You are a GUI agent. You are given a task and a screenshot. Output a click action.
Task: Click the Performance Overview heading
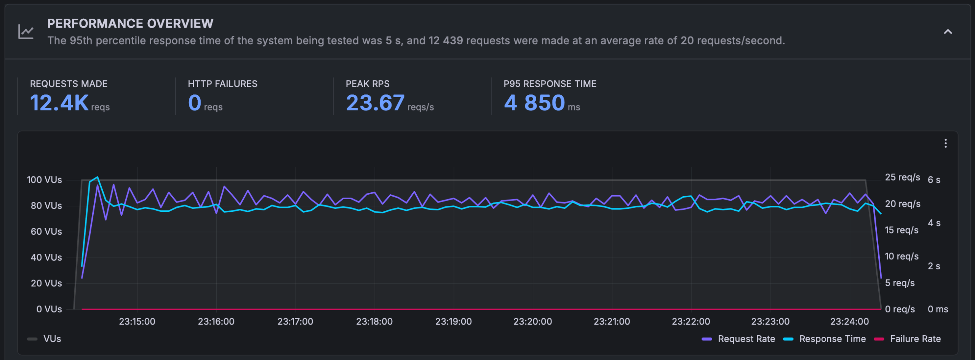pyautogui.click(x=130, y=24)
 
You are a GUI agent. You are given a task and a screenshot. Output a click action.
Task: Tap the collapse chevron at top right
pyautogui.click(x=948, y=32)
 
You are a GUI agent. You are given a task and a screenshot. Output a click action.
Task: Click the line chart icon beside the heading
pyautogui.click(x=26, y=32)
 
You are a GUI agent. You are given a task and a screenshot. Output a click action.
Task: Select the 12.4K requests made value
pyautogui.click(x=59, y=103)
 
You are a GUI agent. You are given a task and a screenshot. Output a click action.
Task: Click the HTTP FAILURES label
pyautogui.click(x=222, y=84)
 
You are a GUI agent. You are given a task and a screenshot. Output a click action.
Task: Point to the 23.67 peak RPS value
pyautogui.click(x=375, y=103)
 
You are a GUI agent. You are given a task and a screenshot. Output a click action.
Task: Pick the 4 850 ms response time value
pyautogui.click(x=534, y=103)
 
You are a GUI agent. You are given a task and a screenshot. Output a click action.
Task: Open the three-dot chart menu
pyautogui.click(x=945, y=144)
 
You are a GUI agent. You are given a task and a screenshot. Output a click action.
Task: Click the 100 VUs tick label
pyautogui.click(x=44, y=180)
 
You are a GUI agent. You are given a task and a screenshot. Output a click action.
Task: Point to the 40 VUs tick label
pyautogui.click(x=46, y=258)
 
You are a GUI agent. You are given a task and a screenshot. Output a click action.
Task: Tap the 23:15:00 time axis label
pyautogui.click(x=137, y=322)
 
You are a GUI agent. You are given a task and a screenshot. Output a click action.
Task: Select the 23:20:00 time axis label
pyautogui.click(x=532, y=322)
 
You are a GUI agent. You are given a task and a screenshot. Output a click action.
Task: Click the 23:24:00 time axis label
pyautogui.click(x=849, y=322)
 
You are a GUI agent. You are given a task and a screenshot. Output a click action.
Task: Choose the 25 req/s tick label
pyautogui.click(x=902, y=177)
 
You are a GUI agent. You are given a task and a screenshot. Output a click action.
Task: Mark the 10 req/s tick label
pyautogui.click(x=901, y=256)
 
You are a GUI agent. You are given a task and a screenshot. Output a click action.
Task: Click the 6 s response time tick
pyautogui.click(x=934, y=180)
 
